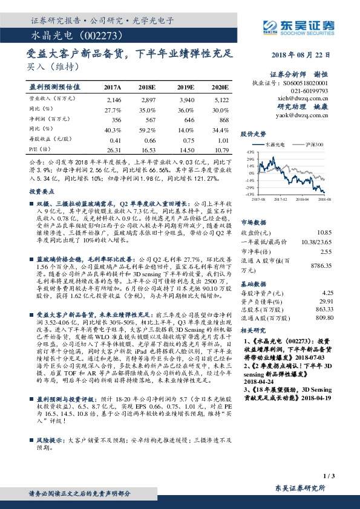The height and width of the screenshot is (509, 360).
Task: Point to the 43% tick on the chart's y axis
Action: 250,152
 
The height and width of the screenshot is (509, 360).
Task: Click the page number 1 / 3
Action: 329,477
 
